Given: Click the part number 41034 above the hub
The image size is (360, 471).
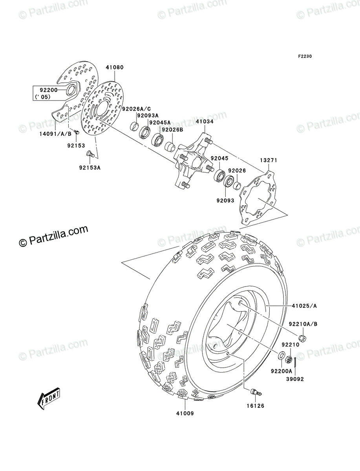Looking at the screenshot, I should pos(205,122).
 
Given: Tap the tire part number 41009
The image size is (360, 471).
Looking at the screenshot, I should pos(185,413).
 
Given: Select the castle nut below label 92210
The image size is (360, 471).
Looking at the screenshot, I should pos(290,359).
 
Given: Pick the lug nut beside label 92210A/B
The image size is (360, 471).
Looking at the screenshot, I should pos(303,338).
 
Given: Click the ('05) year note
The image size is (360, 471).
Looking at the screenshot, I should pos(43,97).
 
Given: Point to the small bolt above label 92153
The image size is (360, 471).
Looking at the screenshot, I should pos(77,133).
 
